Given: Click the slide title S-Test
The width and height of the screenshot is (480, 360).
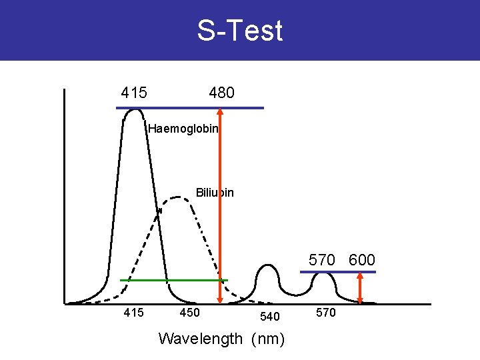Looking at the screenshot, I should click(x=240, y=31).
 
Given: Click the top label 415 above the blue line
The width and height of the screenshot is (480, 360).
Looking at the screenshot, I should click(x=134, y=93).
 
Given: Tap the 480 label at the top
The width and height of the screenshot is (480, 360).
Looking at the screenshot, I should click(x=221, y=93).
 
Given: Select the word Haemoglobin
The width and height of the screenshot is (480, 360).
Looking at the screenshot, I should click(x=183, y=129).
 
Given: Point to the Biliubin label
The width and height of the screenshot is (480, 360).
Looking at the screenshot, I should click(x=215, y=193).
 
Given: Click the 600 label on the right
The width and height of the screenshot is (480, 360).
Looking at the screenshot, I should click(x=362, y=260).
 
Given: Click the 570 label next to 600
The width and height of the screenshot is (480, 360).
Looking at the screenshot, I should click(x=321, y=260).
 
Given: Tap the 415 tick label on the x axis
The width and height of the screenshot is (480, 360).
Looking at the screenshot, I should click(x=134, y=312).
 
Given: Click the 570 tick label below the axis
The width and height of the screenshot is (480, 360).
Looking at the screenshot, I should click(x=325, y=312).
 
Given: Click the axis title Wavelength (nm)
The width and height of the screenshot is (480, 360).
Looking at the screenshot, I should click(x=221, y=339).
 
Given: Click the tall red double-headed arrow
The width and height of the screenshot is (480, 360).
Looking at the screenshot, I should click(x=220, y=200).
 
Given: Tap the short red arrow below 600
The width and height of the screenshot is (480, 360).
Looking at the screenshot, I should click(x=361, y=288).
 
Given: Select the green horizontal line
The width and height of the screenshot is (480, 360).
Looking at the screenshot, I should click(x=173, y=280).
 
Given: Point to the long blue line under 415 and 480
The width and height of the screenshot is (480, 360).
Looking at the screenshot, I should click(x=190, y=107).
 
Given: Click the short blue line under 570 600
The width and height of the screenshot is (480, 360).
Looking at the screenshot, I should click(x=338, y=272).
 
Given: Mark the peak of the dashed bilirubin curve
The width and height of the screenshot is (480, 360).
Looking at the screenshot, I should click(x=177, y=197).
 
